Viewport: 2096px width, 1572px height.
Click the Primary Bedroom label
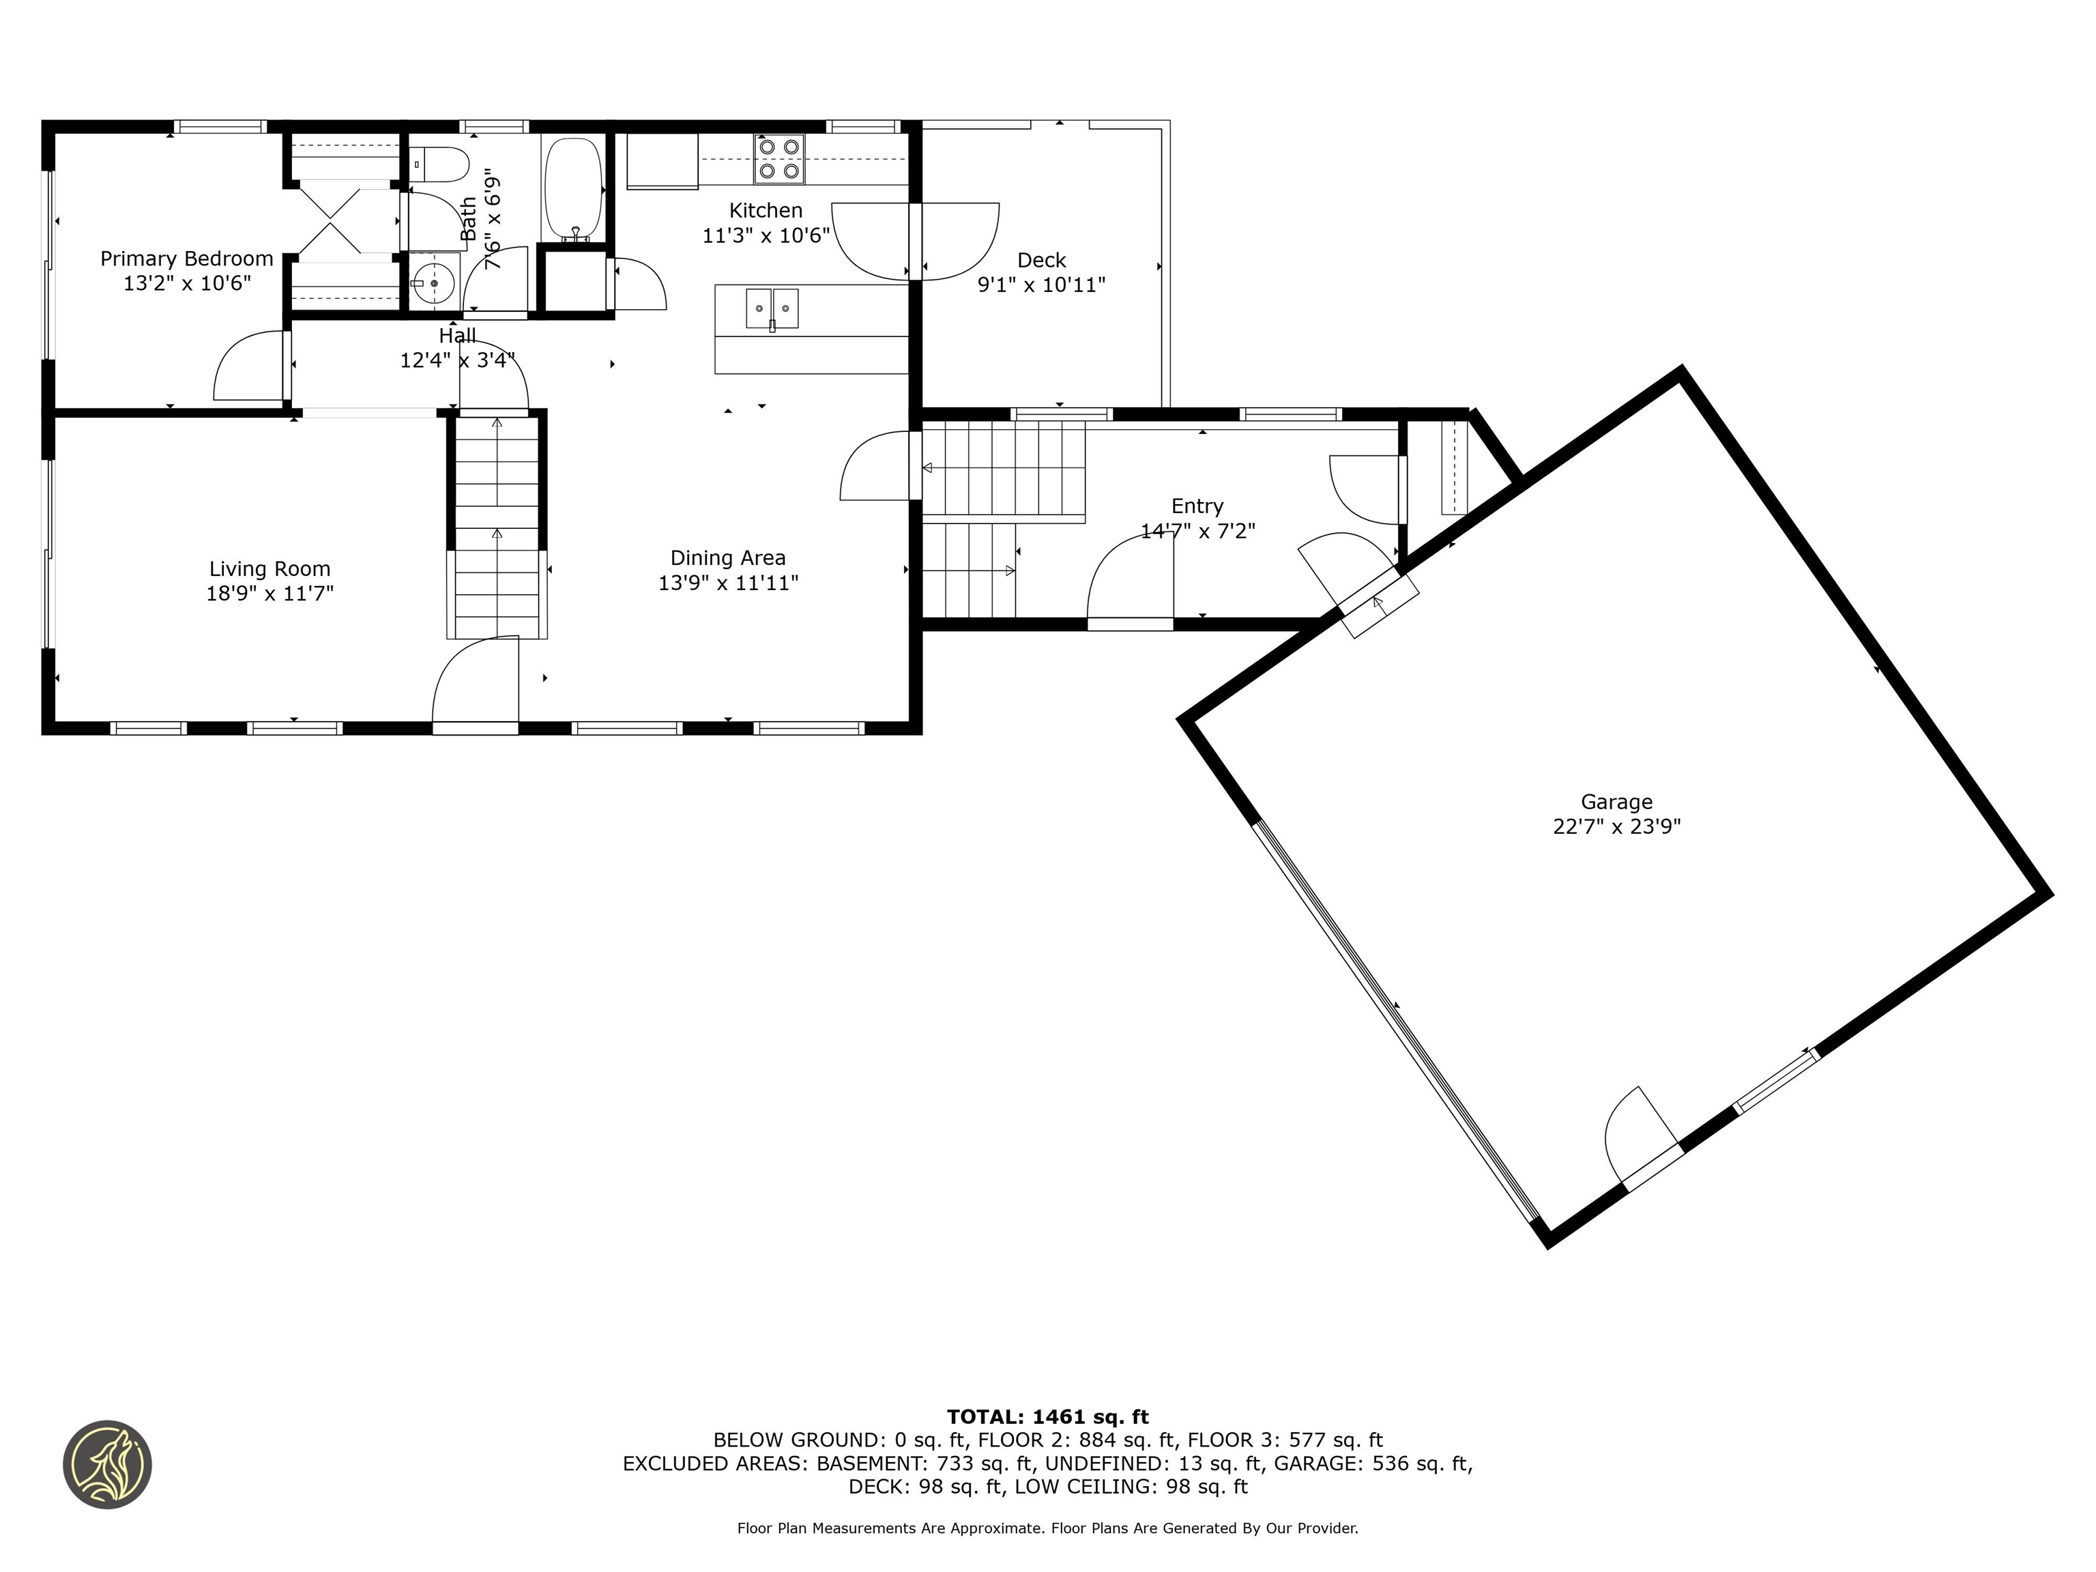click(187, 259)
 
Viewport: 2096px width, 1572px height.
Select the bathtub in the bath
click(573, 190)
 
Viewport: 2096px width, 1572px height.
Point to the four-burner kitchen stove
click(780, 159)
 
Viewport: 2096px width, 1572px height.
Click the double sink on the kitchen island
click(772, 308)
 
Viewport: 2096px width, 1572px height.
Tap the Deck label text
click(1041, 261)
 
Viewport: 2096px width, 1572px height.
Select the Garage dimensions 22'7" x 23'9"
click(1616, 826)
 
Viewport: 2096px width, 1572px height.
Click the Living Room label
click(270, 568)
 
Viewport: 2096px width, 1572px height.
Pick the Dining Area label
click(728, 558)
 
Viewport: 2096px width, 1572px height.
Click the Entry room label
click(1197, 506)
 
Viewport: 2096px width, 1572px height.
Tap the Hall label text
click(458, 336)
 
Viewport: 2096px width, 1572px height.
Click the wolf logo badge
click(107, 1464)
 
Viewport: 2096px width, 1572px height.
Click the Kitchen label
click(766, 210)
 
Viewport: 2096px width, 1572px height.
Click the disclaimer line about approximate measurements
click(1047, 1528)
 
